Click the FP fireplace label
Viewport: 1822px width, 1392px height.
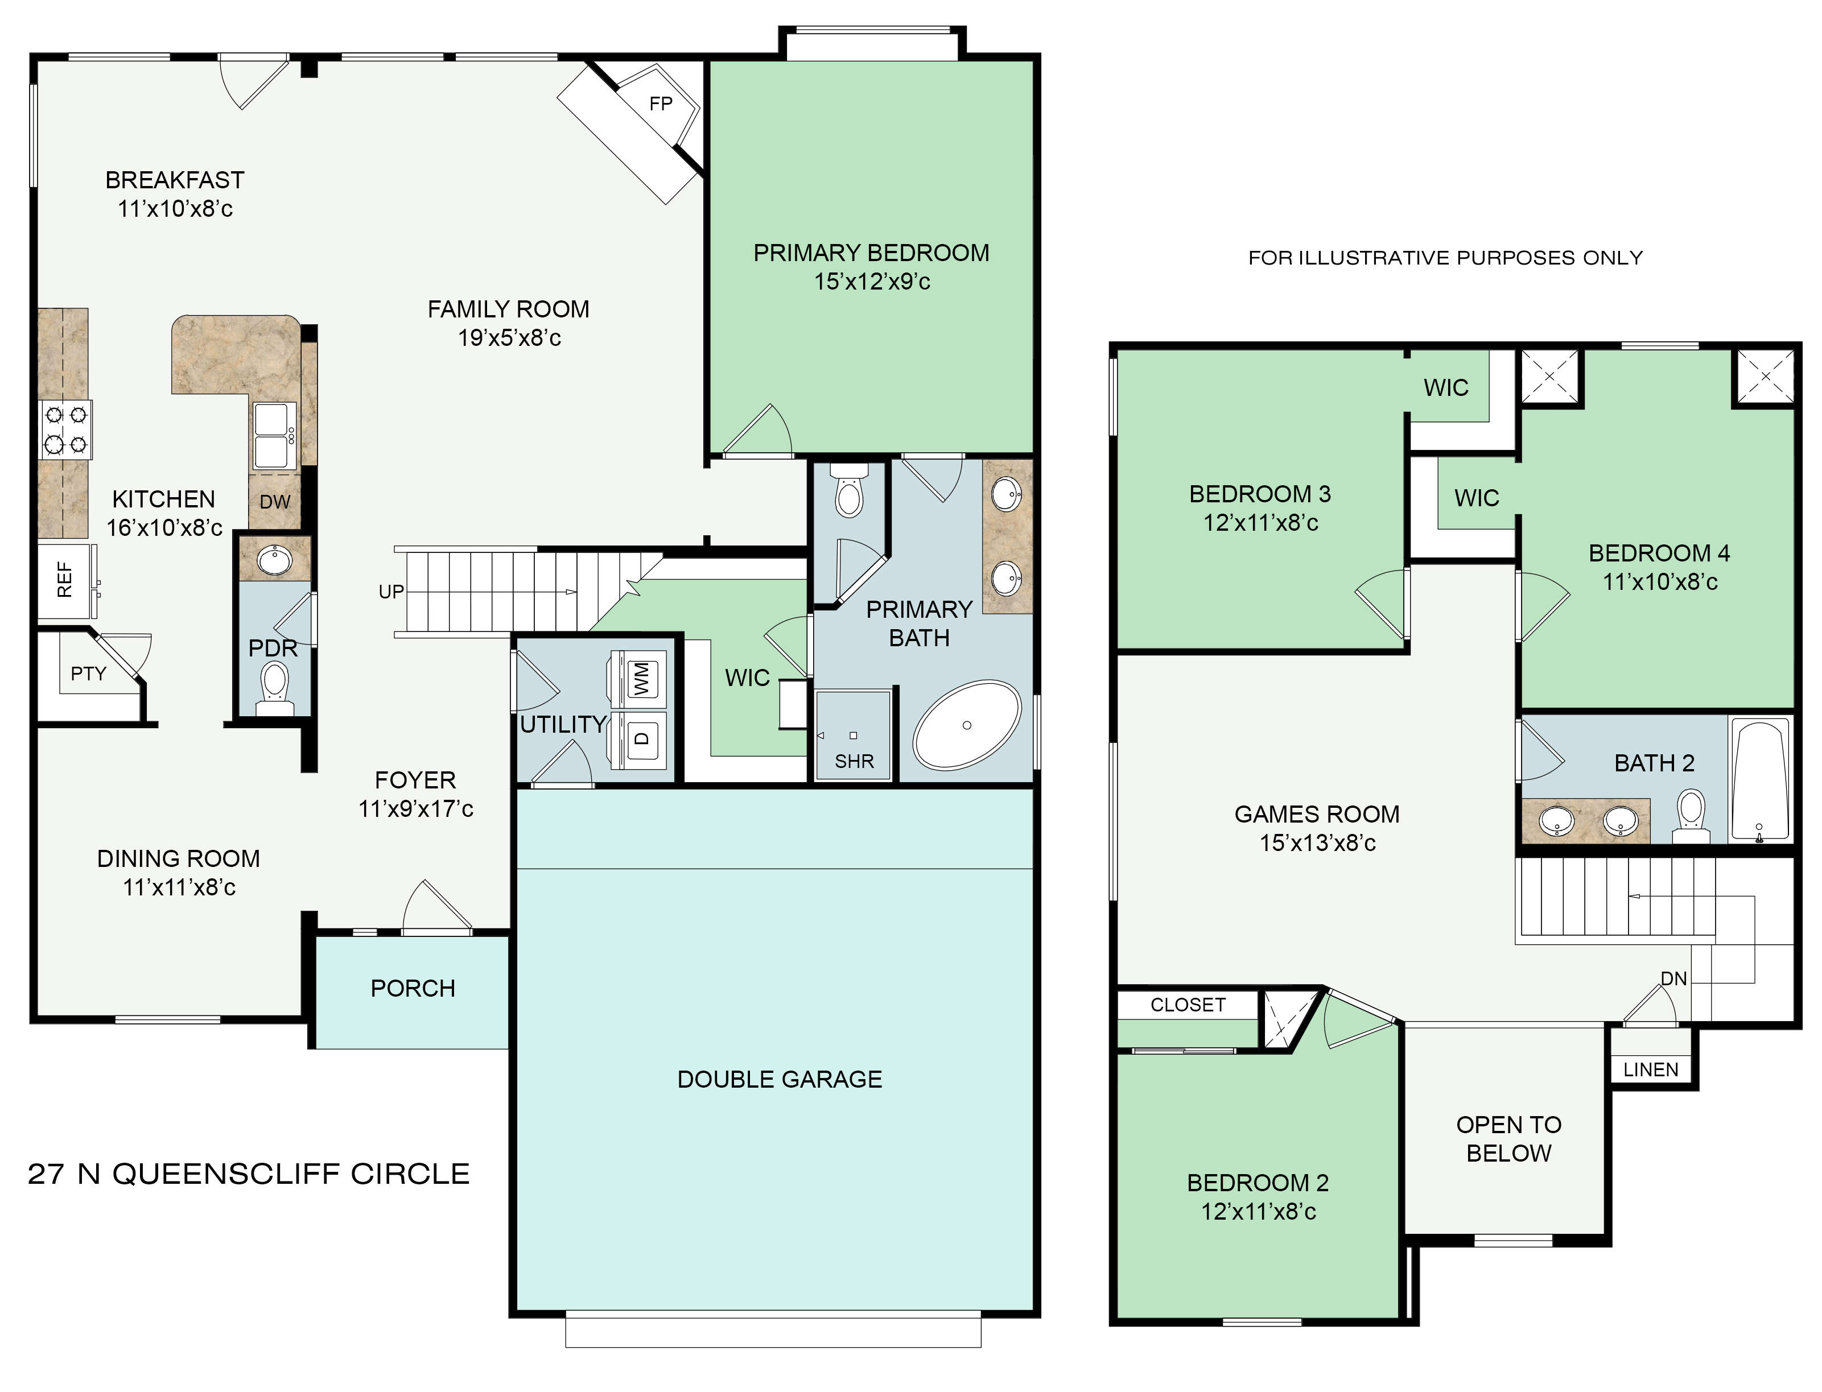pyautogui.click(x=661, y=104)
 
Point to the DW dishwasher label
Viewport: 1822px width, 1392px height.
pyautogui.click(x=275, y=501)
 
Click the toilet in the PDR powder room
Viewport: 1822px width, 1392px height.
pyautogui.click(x=274, y=690)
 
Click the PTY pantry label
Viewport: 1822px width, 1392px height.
pyautogui.click(x=89, y=674)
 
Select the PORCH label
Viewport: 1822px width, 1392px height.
pyautogui.click(x=413, y=989)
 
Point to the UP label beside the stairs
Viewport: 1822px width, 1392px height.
pyautogui.click(x=391, y=592)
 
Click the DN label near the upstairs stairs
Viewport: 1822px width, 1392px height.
pyautogui.click(x=1673, y=978)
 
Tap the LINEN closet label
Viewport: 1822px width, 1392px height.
pyautogui.click(x=1651, y=1069)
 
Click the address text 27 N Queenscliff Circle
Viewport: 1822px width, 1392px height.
pyautogui.click(x=249, y=1174)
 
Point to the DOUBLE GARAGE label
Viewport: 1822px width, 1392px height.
pyautogui.click(x=780, y=1080)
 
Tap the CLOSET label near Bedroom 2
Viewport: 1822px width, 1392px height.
pyautogui.click(x=1188, y=1005)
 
